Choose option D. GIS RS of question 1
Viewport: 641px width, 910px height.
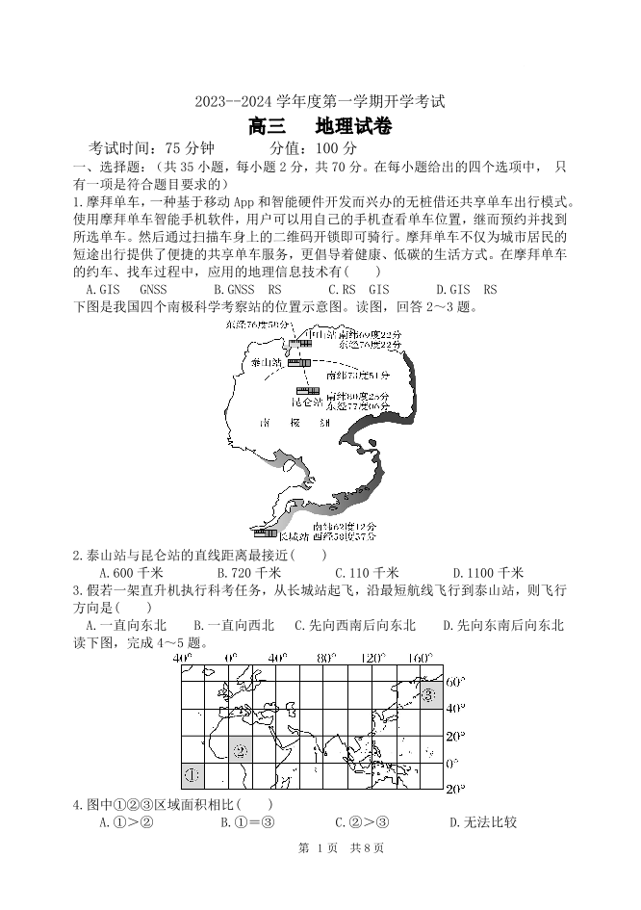click(467, 289)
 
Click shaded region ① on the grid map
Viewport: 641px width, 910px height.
click(192, 774)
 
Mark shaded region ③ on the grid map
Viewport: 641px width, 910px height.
click(428, 693)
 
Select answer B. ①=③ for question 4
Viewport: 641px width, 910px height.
click(247, 822)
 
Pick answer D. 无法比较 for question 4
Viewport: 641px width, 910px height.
click(483, 822)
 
